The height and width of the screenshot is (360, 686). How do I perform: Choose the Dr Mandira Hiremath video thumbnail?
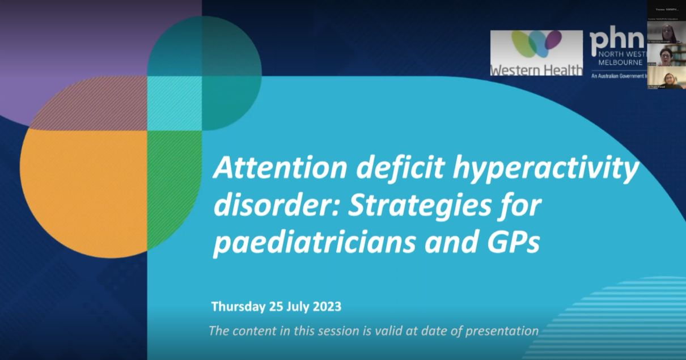(666, 32)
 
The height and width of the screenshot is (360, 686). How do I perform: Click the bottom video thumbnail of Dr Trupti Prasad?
(666, 78)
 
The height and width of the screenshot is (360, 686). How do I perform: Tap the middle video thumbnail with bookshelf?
(666, 55)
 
